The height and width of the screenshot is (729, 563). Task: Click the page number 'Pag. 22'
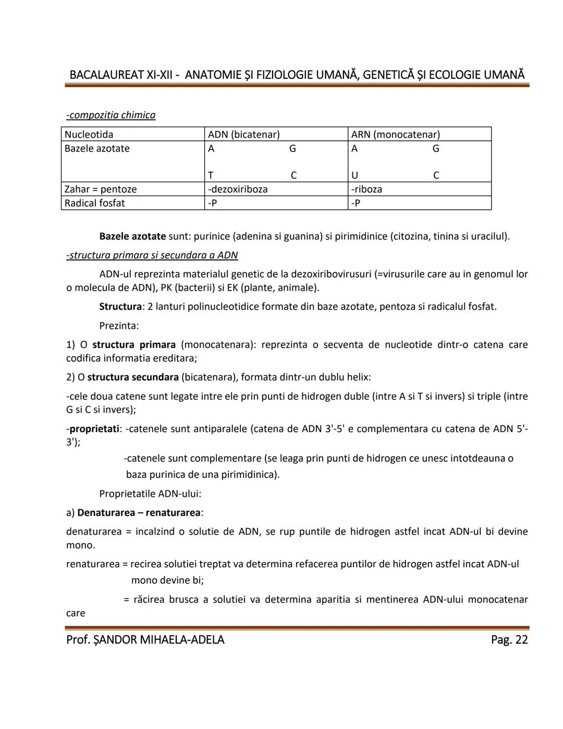pyautogui.click(x=509, y=639)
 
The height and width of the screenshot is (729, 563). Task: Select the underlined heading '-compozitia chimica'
pyautogui.click(x=111, y=115)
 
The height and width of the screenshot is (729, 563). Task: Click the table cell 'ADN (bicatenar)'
pyautogui.click(x=243, y=134)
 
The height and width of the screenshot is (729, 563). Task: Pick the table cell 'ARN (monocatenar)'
pyautogui.click(x=395, y=134)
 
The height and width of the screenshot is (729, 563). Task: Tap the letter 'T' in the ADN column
pyautogui.click(x=211, y=175)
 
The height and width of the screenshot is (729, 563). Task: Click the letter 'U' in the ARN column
pyautogui.click(x=354, y=175)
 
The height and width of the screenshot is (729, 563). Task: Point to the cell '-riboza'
pyautogui.click(x=366, y=189)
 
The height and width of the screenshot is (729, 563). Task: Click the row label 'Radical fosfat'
pyautogui.click(x=94, y=203)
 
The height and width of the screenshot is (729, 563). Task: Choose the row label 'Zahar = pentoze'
pyautogui.click(x=101, y=189)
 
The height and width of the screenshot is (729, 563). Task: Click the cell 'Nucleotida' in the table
pyautogui.click(x=89, y=134)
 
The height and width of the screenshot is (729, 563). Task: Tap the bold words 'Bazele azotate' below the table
pyautogui.click(x=132, y=236)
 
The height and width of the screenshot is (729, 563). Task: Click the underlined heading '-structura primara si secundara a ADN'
pyautogui.click(x=152, y=255)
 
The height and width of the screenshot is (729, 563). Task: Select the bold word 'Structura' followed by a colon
pyautogui.click(x=120, y=306)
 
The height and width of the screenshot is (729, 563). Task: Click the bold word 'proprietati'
pyautogui.click(x=94, y=429)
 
